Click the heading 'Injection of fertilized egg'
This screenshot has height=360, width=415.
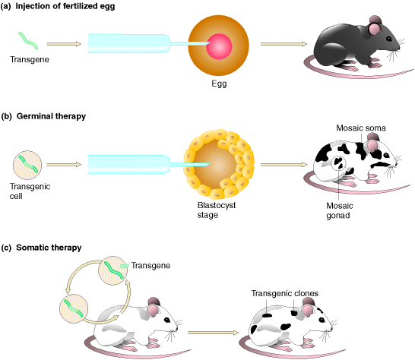click(65, 6)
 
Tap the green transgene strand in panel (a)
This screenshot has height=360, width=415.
click(28, 41)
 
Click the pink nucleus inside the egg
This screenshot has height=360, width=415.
click(219, 46)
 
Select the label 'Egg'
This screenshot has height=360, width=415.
click(219, 84)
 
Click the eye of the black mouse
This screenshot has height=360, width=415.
click(389, 39)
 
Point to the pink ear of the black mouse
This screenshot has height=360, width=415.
click(374, 29)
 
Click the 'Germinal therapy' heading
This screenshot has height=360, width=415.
click(51, 116)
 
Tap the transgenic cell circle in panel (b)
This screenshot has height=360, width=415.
click(27, 165)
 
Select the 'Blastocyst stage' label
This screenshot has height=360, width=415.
click(216, 210)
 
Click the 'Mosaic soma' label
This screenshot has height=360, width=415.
click(361, 128)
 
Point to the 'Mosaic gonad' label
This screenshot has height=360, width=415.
click(339, 210)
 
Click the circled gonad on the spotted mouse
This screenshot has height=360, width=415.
click(338, 163)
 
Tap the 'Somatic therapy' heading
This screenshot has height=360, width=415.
click(49, 248)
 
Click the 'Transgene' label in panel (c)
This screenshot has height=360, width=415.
click(150, 265)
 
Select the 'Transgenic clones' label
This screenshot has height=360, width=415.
click(284, 293)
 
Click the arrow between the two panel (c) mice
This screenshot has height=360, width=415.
click(213, 333)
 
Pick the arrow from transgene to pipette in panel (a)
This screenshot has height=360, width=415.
click(64, 44)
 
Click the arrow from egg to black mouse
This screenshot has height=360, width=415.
click(284, 44)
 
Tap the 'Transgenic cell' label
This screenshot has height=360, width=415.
click(30, 191)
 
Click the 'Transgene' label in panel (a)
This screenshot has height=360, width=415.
click(30, 59)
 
